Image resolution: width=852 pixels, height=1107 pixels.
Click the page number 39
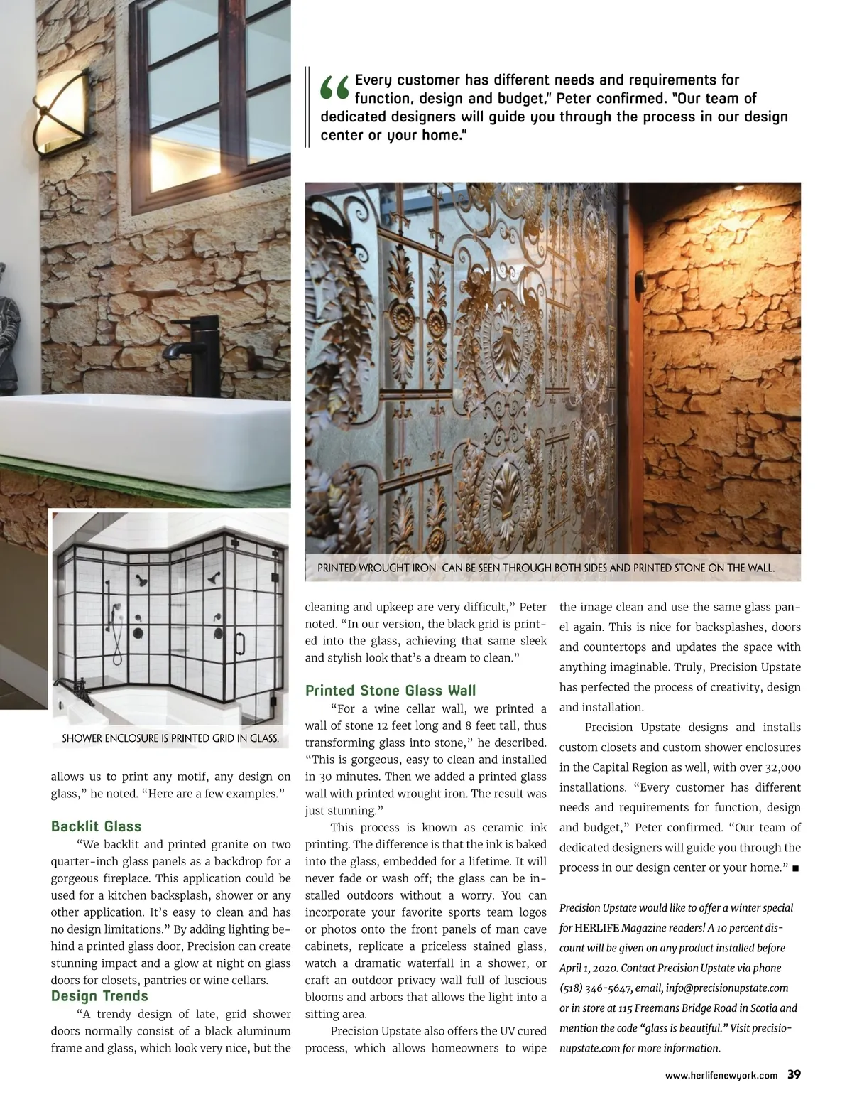click(x=794, y=1074)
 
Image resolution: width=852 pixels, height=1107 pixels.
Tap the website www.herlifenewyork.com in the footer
click(x=721, y=1075)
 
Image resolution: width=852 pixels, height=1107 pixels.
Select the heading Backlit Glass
click(x=96, y=826)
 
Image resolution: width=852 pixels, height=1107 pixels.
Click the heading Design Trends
click(x=99, y=996)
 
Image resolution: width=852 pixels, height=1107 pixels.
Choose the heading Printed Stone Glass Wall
click(x=390, y=691)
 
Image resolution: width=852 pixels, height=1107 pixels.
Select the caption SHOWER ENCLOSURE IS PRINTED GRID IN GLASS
click(x=170, y=738)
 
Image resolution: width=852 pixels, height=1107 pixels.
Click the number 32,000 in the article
click(x=783, y=767)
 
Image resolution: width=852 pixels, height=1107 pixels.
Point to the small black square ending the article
click(x=796, y=868)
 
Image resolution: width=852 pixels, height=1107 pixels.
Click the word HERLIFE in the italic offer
click(x=596, y=928)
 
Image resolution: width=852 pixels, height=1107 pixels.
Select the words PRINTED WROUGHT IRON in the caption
click(x=376, y=568)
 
